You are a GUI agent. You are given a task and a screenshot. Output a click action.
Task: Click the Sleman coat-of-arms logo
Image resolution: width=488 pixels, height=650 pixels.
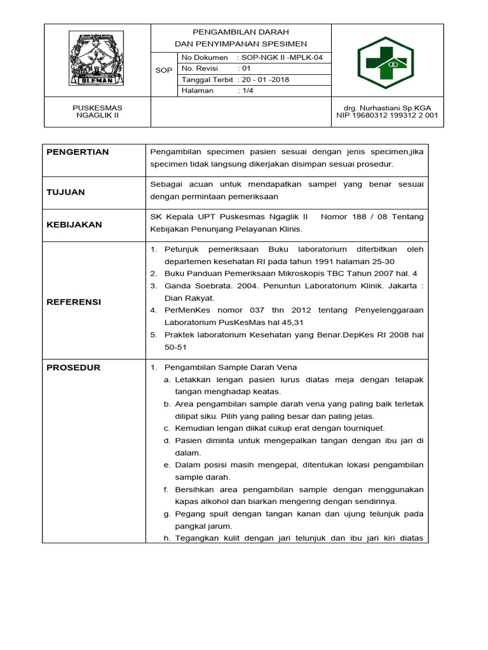(x=97, y=60)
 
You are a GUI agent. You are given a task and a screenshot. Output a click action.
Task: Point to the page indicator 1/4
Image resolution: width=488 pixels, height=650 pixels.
(x=247, y=91)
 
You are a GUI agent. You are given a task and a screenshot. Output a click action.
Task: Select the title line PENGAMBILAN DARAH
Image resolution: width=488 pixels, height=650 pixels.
(x=241, y=32)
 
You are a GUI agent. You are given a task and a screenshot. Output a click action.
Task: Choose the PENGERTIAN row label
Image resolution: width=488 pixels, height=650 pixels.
(x=78, y=152)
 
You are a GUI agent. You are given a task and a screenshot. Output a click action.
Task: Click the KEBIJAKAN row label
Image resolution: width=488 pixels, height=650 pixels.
(x=74, y=225)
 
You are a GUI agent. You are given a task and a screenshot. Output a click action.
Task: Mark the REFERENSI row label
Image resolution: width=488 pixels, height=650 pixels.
(x=74, y=302)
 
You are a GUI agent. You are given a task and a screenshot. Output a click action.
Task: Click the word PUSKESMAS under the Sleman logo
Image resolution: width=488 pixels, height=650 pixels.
(x=98, y=108)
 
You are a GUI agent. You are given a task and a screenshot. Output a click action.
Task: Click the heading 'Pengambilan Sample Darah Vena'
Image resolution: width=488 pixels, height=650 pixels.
(x=231, y=368)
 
